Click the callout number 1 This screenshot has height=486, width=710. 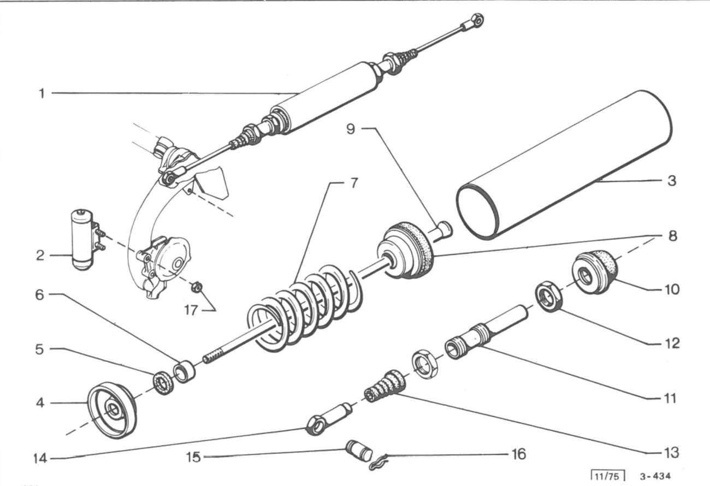click(42, 93)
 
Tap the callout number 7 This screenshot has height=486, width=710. click(353, 183)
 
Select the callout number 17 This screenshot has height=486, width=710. click(191, 310)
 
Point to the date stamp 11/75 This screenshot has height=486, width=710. click(608, 477)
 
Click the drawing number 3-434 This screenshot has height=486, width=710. click(655, 476)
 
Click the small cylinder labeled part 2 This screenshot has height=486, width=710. click(87, 239)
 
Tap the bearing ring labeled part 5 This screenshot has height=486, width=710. click(163, 384)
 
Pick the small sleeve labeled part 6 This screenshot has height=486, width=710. click(184, 372)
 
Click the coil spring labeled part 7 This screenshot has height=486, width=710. click(304, 309)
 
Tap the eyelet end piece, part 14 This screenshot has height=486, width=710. click(329, 419)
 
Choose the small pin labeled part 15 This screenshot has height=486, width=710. click(359, 451)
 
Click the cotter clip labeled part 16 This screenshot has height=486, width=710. click(379, 463)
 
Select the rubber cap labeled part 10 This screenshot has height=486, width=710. click(595, 272)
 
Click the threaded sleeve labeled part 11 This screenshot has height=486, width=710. click(486, 333)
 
